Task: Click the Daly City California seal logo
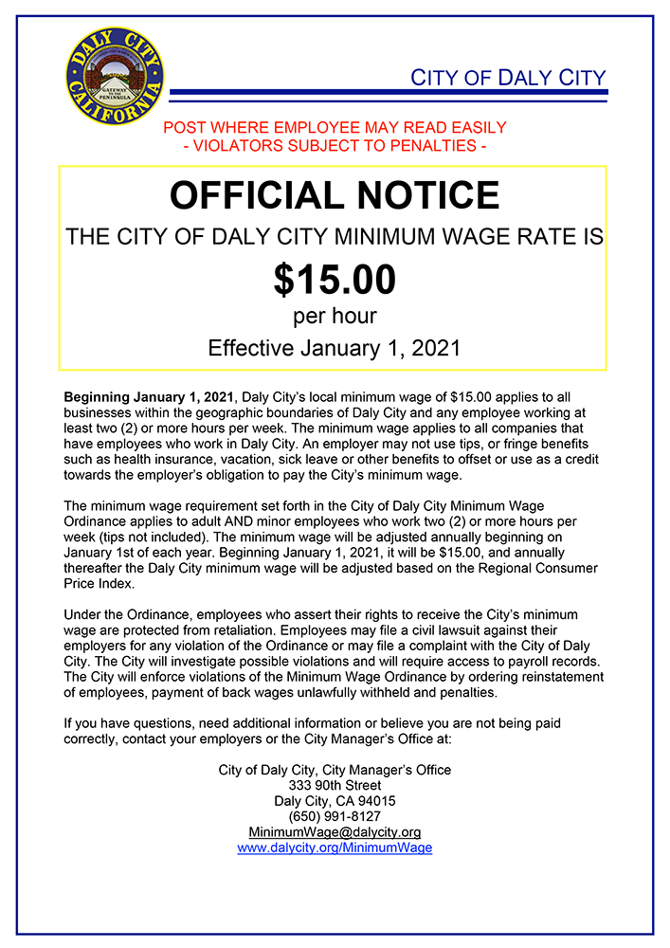(115, 75)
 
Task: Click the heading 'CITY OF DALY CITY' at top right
(507, 78)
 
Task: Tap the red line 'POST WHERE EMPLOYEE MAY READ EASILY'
(335, 128)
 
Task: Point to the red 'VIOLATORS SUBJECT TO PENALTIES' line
(335, 146)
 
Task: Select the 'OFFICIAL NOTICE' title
(334, 195)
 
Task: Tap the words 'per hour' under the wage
(334, 316)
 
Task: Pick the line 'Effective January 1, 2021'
(334, 347)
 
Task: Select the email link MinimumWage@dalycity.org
(335, 831)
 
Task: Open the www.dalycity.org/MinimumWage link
(335, 848)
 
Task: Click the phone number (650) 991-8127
(335, 816)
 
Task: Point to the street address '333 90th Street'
(335, 785)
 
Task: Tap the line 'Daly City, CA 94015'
(335, 801)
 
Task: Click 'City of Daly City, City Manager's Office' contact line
(335, 770)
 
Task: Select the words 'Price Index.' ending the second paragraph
(98, 583)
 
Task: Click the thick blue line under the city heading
(388, 93)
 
